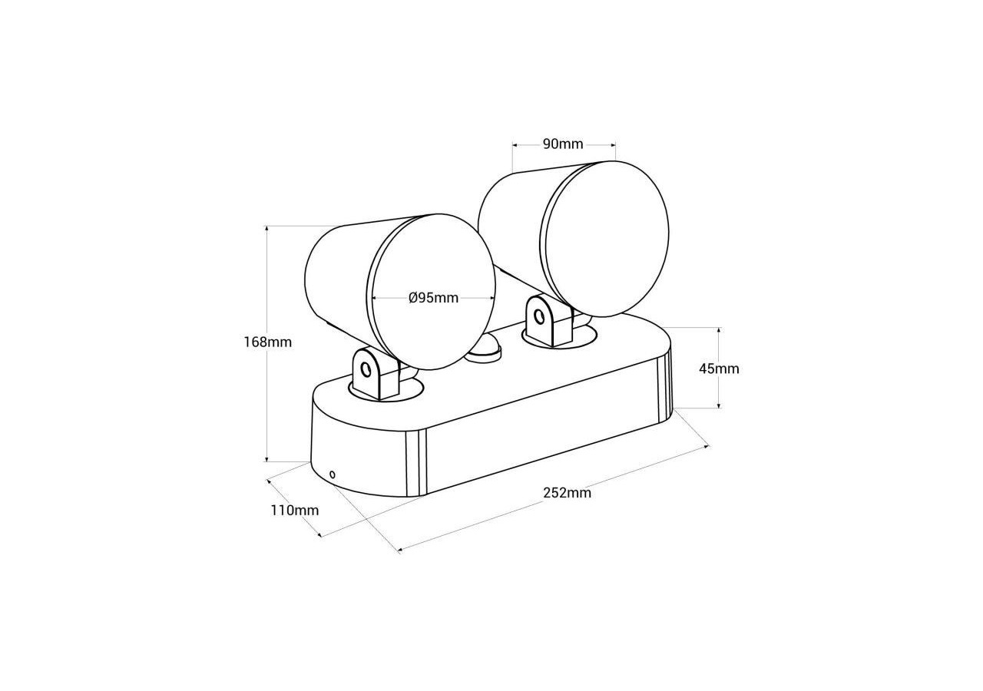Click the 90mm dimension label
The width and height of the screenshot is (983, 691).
[563, 144]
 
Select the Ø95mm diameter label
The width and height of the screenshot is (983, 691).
[434, 298]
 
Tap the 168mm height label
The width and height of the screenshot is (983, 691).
[268, 342]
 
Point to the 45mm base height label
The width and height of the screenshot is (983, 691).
[719, 369]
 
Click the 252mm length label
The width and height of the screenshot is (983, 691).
[568, 493]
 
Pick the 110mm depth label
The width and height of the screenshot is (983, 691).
[295, 511]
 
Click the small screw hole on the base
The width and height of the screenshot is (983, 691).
[333, 474]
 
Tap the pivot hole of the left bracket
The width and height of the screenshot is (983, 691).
[366, 370]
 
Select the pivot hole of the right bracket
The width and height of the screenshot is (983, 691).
[538, 316]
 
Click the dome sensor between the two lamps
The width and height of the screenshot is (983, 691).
[483, 349]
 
